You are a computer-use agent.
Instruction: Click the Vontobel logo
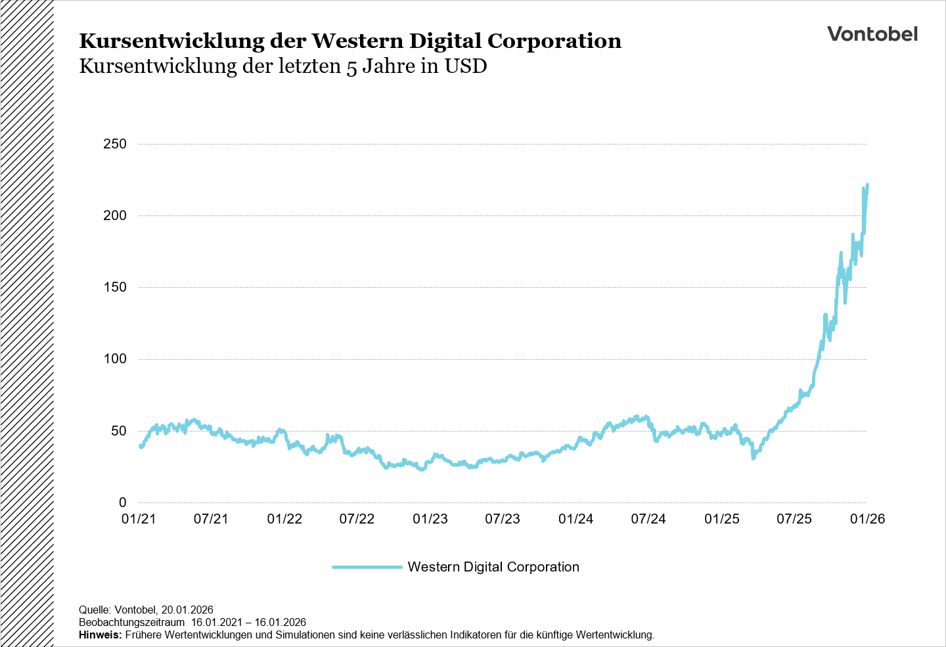[x=872, y=34]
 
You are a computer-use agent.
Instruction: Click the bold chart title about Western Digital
[x=350, y=41]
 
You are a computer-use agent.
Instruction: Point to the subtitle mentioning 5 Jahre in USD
[x=282, y=66]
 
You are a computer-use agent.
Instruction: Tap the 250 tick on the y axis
[x=115, y=144]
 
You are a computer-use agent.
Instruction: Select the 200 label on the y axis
[x=115, y=215]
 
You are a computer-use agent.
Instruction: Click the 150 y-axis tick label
[x=115, y=287]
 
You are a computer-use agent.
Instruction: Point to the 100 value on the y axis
[x=115, y=359]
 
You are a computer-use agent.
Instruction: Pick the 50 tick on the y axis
[x=118, y=431]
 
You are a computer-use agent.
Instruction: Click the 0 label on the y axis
[x=122, y=502]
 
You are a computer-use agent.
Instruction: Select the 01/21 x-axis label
[x=139, y=519]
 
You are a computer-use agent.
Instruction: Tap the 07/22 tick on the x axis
[x=357, y=519]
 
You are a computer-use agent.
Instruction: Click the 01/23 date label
[x=430, y=519]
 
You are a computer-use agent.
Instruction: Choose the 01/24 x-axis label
[x=576, y=519]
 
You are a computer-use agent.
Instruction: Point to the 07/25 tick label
[x=794, y=519]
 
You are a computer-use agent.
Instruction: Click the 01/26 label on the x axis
[x=867, y=519]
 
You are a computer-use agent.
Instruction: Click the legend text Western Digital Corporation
[x=493, y=567]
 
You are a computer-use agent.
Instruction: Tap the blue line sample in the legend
[x=367, y=567]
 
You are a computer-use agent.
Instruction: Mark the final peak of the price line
[x=867, y=185]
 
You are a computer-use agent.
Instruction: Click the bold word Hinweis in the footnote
[x=100, y=635]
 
